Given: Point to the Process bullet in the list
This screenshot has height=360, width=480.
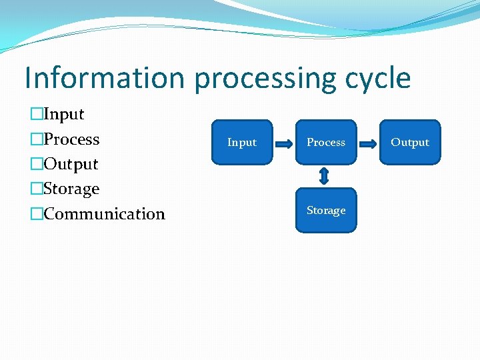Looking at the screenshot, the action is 71,139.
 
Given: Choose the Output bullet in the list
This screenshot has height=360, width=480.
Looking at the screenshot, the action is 71,164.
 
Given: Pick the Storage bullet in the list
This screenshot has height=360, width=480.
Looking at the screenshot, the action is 71,189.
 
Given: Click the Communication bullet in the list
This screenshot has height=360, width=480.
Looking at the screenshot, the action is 104,214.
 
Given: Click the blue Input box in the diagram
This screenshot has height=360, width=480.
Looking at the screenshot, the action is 242,142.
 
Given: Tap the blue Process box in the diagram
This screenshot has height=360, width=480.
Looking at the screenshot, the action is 326,142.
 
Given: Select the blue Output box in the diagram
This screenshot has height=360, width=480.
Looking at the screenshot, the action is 410,142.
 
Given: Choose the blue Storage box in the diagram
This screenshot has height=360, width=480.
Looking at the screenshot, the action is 326,211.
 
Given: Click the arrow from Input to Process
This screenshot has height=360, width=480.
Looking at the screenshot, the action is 284,142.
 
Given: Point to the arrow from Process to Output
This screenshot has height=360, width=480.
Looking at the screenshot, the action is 368,142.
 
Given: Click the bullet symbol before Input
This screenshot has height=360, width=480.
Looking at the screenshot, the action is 36,115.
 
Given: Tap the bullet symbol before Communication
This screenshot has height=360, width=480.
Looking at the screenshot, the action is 36,214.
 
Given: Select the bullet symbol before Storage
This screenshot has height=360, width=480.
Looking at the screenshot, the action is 36,189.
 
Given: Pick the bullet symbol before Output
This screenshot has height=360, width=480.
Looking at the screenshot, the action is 36,164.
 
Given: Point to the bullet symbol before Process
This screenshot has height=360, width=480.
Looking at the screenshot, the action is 36,139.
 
